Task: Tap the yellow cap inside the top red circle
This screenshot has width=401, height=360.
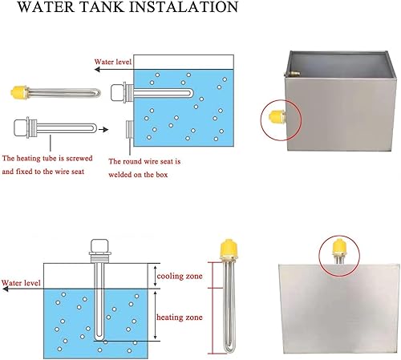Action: (277, 116)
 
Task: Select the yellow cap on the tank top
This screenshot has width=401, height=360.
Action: (339, 247)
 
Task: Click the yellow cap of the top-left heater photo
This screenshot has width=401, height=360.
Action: (18, 91)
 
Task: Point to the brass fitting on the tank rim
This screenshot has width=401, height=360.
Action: (292, 73)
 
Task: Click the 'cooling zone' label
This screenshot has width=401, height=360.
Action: (180, 276)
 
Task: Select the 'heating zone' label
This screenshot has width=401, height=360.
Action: (180, 318)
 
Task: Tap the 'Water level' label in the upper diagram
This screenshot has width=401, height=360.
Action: (113, 62)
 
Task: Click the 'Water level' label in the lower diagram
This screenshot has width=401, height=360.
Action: (21, 283)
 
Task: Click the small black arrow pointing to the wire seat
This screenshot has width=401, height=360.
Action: (103, 130)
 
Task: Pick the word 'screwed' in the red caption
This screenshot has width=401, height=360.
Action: (79, 158)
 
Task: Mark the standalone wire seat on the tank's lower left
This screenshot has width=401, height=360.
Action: (130, 129)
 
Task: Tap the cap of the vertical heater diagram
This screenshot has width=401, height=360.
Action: (99, 245)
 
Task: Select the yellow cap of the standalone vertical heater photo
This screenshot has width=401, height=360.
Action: (229, 249)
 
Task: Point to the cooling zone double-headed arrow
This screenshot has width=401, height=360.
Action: (155, 276)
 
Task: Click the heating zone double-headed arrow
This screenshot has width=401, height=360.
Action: (155, 315)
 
